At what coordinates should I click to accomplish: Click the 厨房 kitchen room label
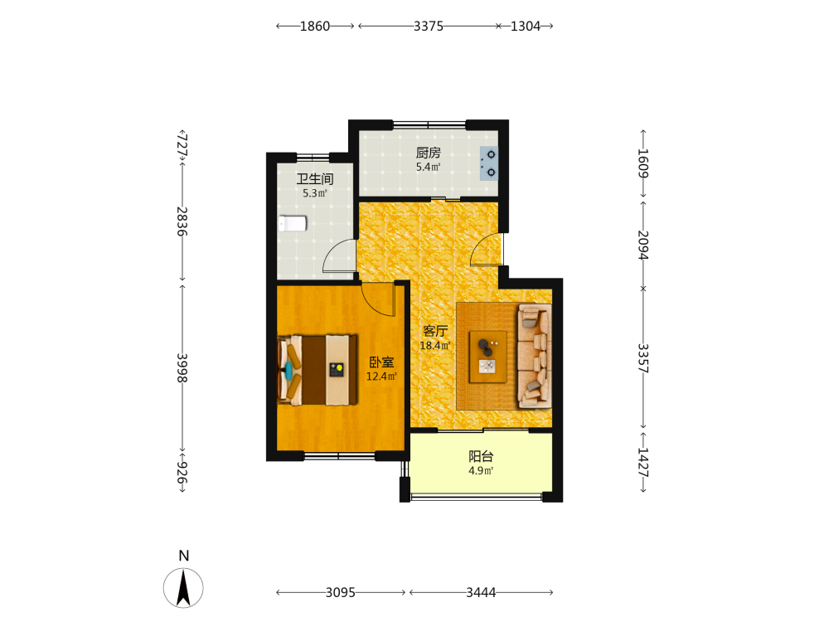[x=428, y=153]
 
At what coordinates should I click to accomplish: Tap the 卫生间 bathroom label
[x=314, y=179]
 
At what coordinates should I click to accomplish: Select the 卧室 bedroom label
[x=381, y=362]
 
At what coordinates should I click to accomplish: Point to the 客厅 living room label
[x=435, y=331]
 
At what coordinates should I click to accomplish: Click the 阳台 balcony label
[x=481, y=456]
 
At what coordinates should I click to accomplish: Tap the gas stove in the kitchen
[x=488, y=164]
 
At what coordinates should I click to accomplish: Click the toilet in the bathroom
[x=293, y=223]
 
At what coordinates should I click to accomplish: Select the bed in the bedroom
[x=318, y=370]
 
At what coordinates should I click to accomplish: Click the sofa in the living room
[x=535, y=356]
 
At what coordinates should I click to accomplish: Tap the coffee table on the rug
[x=488, y=357]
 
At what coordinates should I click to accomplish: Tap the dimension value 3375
[x=429, y=26]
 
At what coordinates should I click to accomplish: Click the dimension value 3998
[x=182, y=367]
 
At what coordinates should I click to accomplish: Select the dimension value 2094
[x=643, y=245]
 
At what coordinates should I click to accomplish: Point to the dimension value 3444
[x=481, y=592]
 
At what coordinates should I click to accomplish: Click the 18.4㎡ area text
[x=435, y=346]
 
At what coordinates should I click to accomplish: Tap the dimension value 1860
[x=314, y=26]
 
